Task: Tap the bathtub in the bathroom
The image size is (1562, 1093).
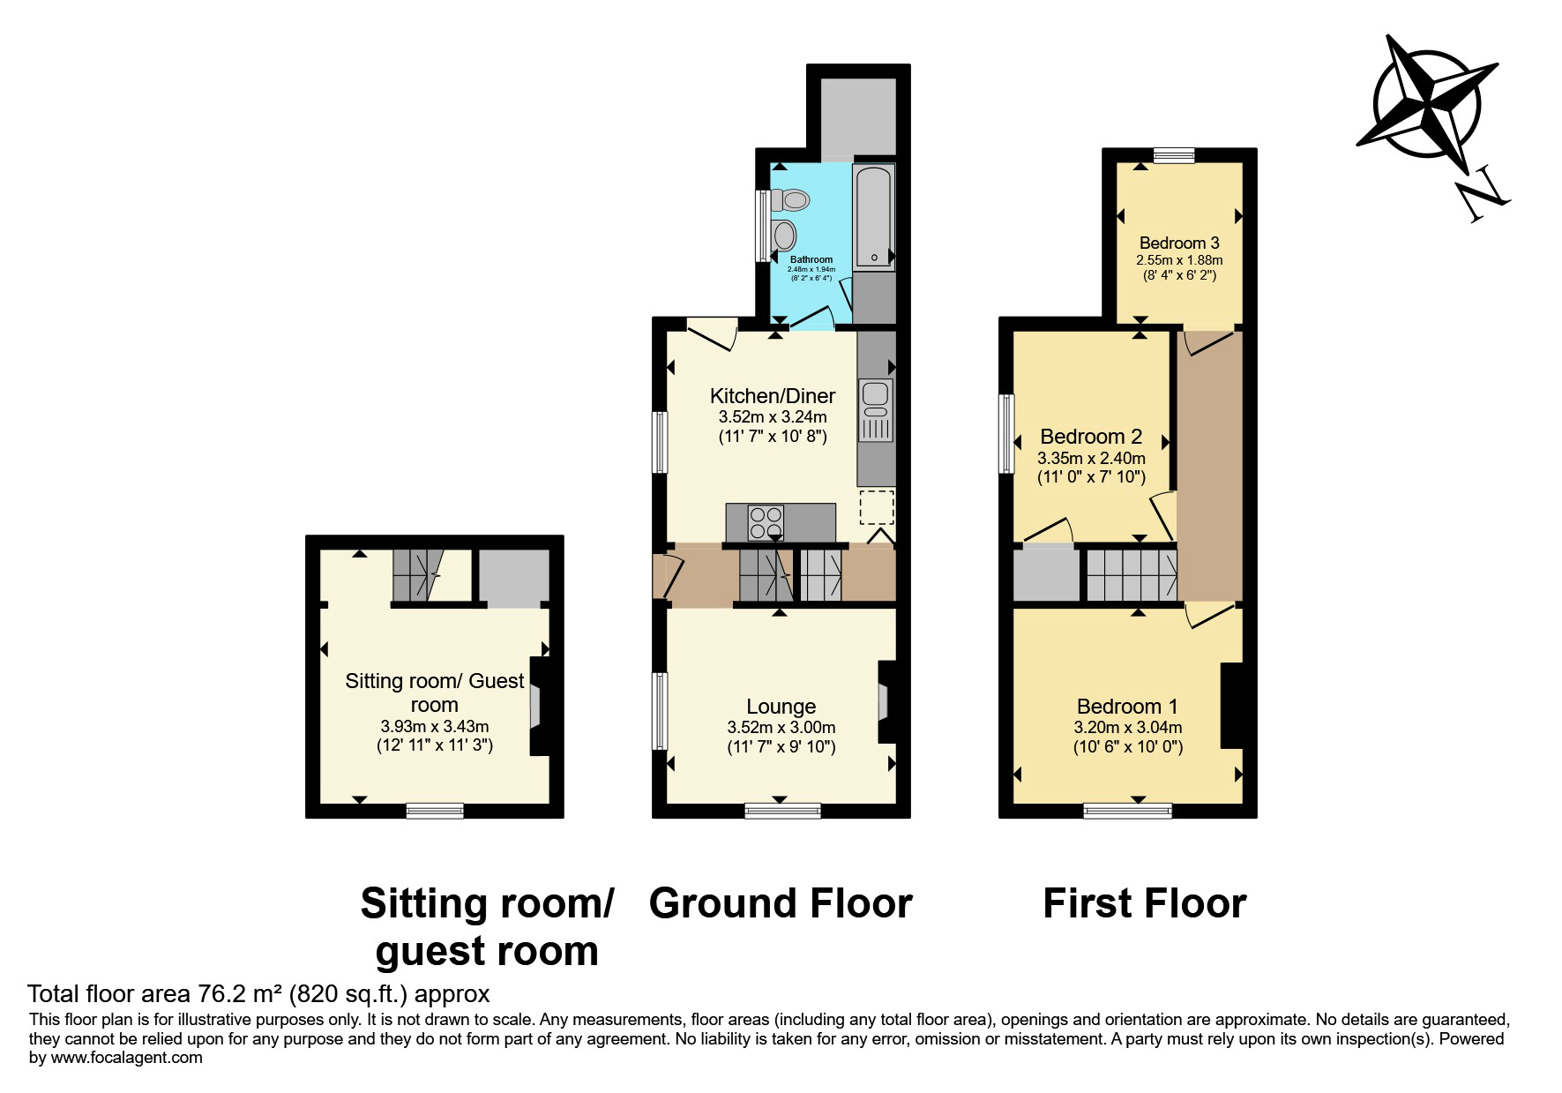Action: [x=874, y=216]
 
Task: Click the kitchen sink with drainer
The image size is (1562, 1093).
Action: [x=876, y=411]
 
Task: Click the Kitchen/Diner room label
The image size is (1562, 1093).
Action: [x=773, y=395]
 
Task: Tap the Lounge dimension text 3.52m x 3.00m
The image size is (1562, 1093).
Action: [x=781, y=728]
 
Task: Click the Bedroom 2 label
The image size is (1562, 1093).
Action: [x=1091, y=436]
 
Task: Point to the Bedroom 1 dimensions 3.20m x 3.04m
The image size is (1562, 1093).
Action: [x=1127, y=728]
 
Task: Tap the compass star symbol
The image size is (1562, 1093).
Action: [x=1427, y=103]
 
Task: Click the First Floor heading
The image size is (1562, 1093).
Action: [x=1144, y=904]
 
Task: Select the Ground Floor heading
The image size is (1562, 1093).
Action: [x=781, y=904]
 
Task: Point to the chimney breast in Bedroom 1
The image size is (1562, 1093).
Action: [x=1231, y=706]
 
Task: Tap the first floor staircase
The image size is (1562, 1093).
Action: [x=1132, y=574]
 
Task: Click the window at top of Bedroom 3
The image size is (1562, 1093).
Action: [x=1173, y=155]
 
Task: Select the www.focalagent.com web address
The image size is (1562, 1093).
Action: [x=127, y=1057]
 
